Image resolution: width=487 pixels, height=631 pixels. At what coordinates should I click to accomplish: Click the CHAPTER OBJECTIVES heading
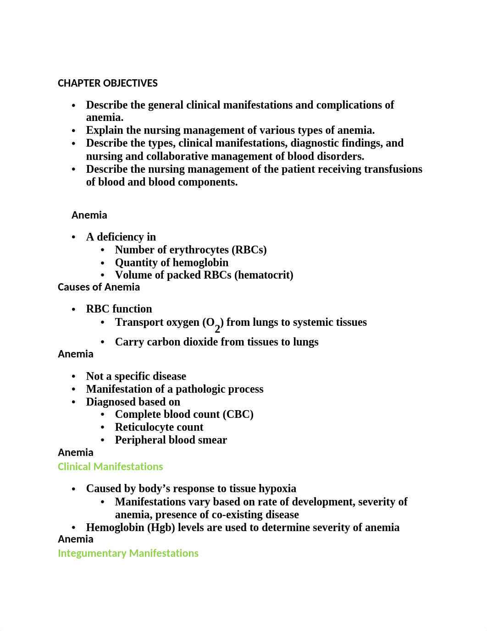pos(107,83)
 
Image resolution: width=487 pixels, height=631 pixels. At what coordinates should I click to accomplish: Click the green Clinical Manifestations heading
pos(110,466)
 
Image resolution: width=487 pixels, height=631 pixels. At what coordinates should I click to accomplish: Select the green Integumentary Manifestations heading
pos(128,553)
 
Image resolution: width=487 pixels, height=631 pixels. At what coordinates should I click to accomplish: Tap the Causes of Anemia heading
pos(99,287)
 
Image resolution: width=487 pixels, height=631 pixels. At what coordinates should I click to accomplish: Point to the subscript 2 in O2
pos(217,329)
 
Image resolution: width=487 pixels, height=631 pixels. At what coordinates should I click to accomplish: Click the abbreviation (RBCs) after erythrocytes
pos(249,250)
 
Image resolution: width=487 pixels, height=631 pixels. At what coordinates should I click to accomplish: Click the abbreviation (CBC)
pos(238,414)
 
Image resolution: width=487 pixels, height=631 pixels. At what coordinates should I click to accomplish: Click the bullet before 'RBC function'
pos(73,310)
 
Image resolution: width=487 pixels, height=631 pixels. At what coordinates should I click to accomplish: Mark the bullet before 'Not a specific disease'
pos(73,377)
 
